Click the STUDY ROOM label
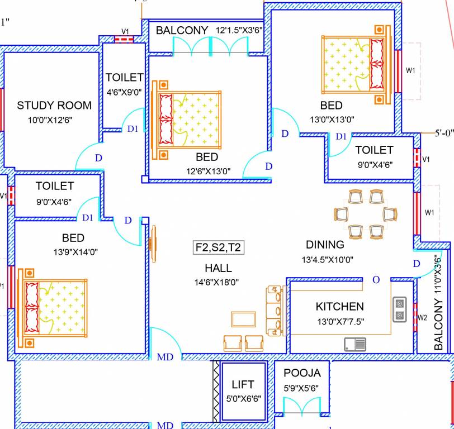(54, 106)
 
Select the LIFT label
(243, 384)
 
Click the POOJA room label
(302, 373)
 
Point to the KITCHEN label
(339, 307)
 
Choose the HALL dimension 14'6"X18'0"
(217, 282)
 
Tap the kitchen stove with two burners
(399, 309)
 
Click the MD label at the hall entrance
(164, 356)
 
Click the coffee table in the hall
(244, 320)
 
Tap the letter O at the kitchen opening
(376, 279)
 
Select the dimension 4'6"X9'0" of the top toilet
(124, 92)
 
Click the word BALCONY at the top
(182, 30)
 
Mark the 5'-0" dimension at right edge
(444, 134)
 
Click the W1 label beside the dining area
(429, 212)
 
